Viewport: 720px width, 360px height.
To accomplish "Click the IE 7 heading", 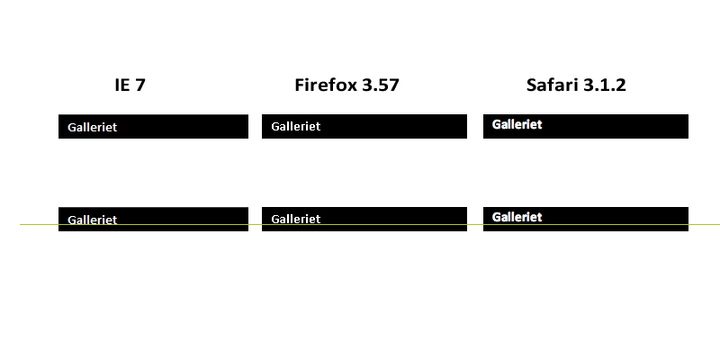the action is click(130, 85).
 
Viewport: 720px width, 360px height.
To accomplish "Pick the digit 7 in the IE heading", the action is click(140, 85).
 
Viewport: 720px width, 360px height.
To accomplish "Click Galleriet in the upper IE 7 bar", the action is click(93, 127).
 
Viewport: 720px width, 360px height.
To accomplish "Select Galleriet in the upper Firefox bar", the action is click(296, 126).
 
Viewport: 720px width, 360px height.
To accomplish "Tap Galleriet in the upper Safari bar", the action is click(517, 124).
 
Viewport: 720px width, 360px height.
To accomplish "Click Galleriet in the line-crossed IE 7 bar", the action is click(93, 220).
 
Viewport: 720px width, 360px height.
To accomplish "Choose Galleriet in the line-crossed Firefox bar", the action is click(296, 219).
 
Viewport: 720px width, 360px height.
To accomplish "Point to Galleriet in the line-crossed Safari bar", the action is click(517, 217).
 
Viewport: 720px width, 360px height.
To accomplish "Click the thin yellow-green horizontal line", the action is click(370, 224).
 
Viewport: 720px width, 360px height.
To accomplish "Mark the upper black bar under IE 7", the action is click(153, 126).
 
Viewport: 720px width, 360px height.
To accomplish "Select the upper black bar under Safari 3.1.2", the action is click(586, 126).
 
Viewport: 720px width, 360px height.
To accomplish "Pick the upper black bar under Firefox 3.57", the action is click(364, 126).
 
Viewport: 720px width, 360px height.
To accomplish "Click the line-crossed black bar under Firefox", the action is click(364, 219).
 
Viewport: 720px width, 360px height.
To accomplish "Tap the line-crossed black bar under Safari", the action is click(586, 219).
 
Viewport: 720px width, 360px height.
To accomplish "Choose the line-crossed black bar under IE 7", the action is click(153, 219).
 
